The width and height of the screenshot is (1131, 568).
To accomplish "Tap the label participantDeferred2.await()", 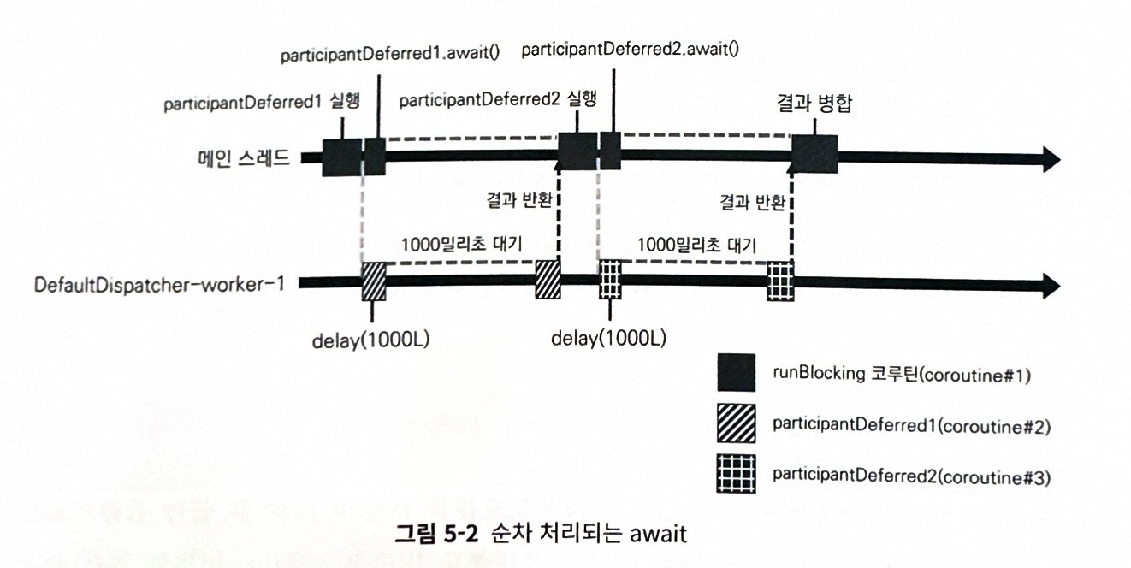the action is click(631, 50).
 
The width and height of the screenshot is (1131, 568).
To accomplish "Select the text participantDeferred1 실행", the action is click(262, 103).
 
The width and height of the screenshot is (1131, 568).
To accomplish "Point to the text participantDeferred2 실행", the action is click(498, 99).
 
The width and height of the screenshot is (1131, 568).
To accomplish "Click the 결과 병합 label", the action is click(814, 103).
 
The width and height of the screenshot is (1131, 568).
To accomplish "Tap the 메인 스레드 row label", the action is click(244, 158).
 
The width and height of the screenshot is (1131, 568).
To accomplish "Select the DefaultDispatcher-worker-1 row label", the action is click(159, 285).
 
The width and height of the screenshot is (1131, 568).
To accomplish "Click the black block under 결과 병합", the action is click(814, 154).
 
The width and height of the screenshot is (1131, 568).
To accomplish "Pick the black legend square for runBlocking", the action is click(736, 373).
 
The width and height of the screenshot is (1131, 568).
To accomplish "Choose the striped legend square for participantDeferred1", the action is click(736, 423).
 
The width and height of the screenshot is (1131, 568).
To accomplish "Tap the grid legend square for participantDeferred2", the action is click(736, 474).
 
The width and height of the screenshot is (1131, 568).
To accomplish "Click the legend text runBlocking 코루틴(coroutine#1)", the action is click(902, 374).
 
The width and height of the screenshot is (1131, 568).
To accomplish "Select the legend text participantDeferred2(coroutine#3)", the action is click(912, 476).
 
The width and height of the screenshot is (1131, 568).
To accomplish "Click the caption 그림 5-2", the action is click(436, 534).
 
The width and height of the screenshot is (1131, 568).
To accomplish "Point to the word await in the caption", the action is click(659, 534).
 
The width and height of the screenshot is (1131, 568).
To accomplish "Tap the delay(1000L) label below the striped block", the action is click(370, 340).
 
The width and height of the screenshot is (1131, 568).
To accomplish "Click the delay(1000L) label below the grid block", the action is click(609, 338).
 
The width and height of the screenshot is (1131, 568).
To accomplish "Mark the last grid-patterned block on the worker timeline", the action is click(780, 281).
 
